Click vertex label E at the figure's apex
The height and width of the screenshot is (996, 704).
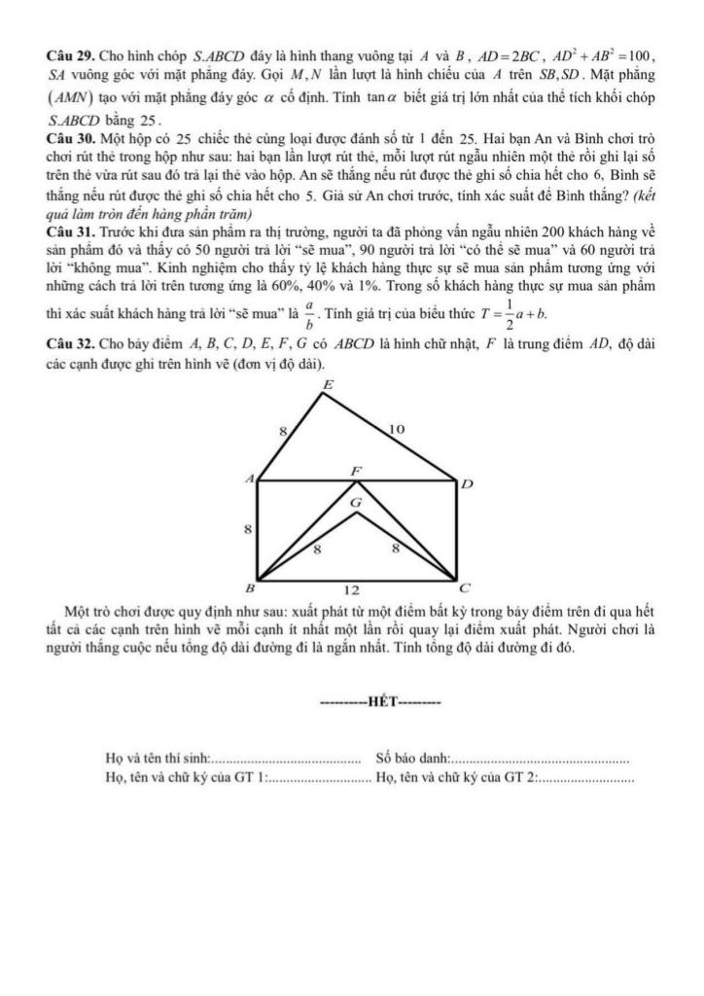coord(326,386)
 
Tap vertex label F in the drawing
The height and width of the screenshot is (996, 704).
coord(356,471)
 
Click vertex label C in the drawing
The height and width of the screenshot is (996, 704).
coord(464,588)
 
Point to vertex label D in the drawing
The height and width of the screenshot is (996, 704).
coord(466,483)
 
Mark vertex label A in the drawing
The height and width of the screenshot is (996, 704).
coord(249,479)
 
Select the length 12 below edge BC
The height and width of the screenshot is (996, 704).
coord(355,589)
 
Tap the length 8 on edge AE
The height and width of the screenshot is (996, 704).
coord(283,429)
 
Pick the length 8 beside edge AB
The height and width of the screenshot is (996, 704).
coord(248,530)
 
